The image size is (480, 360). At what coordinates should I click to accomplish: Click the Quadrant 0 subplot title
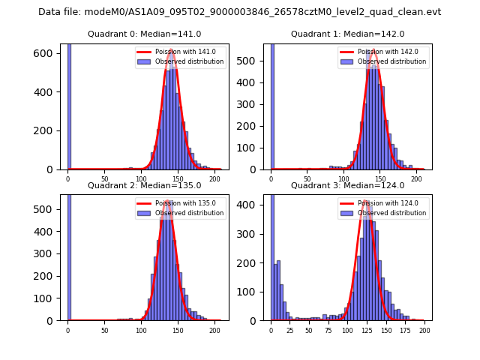pyautogui.click(x=144, y=34)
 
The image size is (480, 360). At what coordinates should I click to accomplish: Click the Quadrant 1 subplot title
pyautogui.click(x=347, y=34)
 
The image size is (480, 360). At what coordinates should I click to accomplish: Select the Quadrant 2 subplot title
pyautogui.click(x=144, y=185)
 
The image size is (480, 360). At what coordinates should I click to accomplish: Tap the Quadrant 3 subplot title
pyautogui.click(x=347, y=185)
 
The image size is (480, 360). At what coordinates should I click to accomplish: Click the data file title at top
pyautogui.click(x=239, y=12)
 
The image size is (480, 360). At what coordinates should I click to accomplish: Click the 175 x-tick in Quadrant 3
pyautogui.click(x=406, y=330)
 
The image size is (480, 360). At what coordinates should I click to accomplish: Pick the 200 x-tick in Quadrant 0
pyautogui.click(x=214, y=178)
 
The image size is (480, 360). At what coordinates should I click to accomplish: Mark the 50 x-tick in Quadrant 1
pyautogui.click(x=307, y=178)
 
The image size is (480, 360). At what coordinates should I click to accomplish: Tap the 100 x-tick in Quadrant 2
pyautogui.click(x=141, y=330)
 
